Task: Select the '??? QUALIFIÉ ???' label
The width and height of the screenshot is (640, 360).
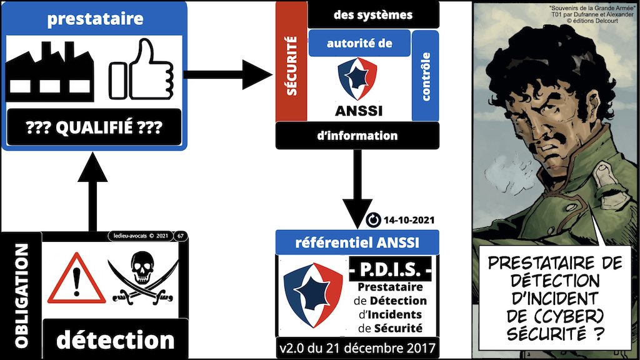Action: [92, 129]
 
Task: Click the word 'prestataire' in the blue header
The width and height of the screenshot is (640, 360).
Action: [94, 18]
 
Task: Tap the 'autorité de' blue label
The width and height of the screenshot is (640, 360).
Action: [358, 44]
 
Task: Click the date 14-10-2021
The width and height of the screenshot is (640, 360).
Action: [407, 220]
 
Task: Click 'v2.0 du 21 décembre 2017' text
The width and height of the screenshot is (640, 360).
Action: [357, 347]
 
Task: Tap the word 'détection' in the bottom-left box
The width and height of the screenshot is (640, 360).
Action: [115, 339]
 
